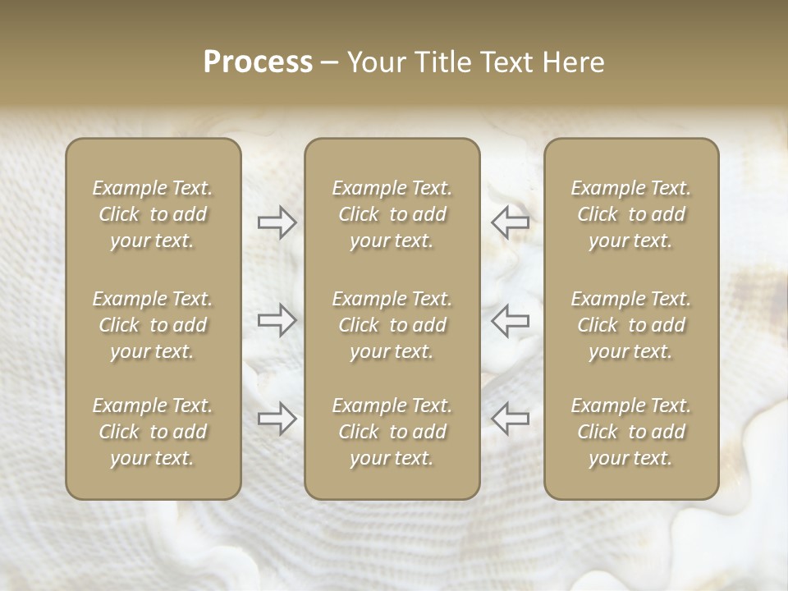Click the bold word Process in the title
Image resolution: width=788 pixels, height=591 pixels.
(258, 62)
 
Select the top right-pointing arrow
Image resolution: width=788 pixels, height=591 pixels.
(277, 222)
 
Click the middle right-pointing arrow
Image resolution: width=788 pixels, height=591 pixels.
(277, 320)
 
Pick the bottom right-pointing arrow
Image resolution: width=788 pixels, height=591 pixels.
(277, 419)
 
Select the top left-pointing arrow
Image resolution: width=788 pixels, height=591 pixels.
(510, 222)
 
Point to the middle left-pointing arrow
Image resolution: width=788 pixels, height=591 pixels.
(510, 320)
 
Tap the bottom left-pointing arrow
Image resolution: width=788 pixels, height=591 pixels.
(510, 419)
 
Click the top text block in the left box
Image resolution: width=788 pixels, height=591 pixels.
(153, 214)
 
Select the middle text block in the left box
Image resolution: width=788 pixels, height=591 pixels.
(153, 325)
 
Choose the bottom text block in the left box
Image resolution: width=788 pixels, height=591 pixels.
(153, 432)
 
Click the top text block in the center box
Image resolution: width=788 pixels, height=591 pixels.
(392, 214)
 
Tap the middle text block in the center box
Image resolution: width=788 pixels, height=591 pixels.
(392, 325)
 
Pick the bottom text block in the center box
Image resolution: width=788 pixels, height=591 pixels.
(392, 432)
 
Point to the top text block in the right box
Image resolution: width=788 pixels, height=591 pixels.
(631, 214)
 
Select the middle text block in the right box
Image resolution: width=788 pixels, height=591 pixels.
(631, 325)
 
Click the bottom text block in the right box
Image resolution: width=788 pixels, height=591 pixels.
(631, 432)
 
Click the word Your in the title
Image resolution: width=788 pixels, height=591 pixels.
(376, 62)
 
